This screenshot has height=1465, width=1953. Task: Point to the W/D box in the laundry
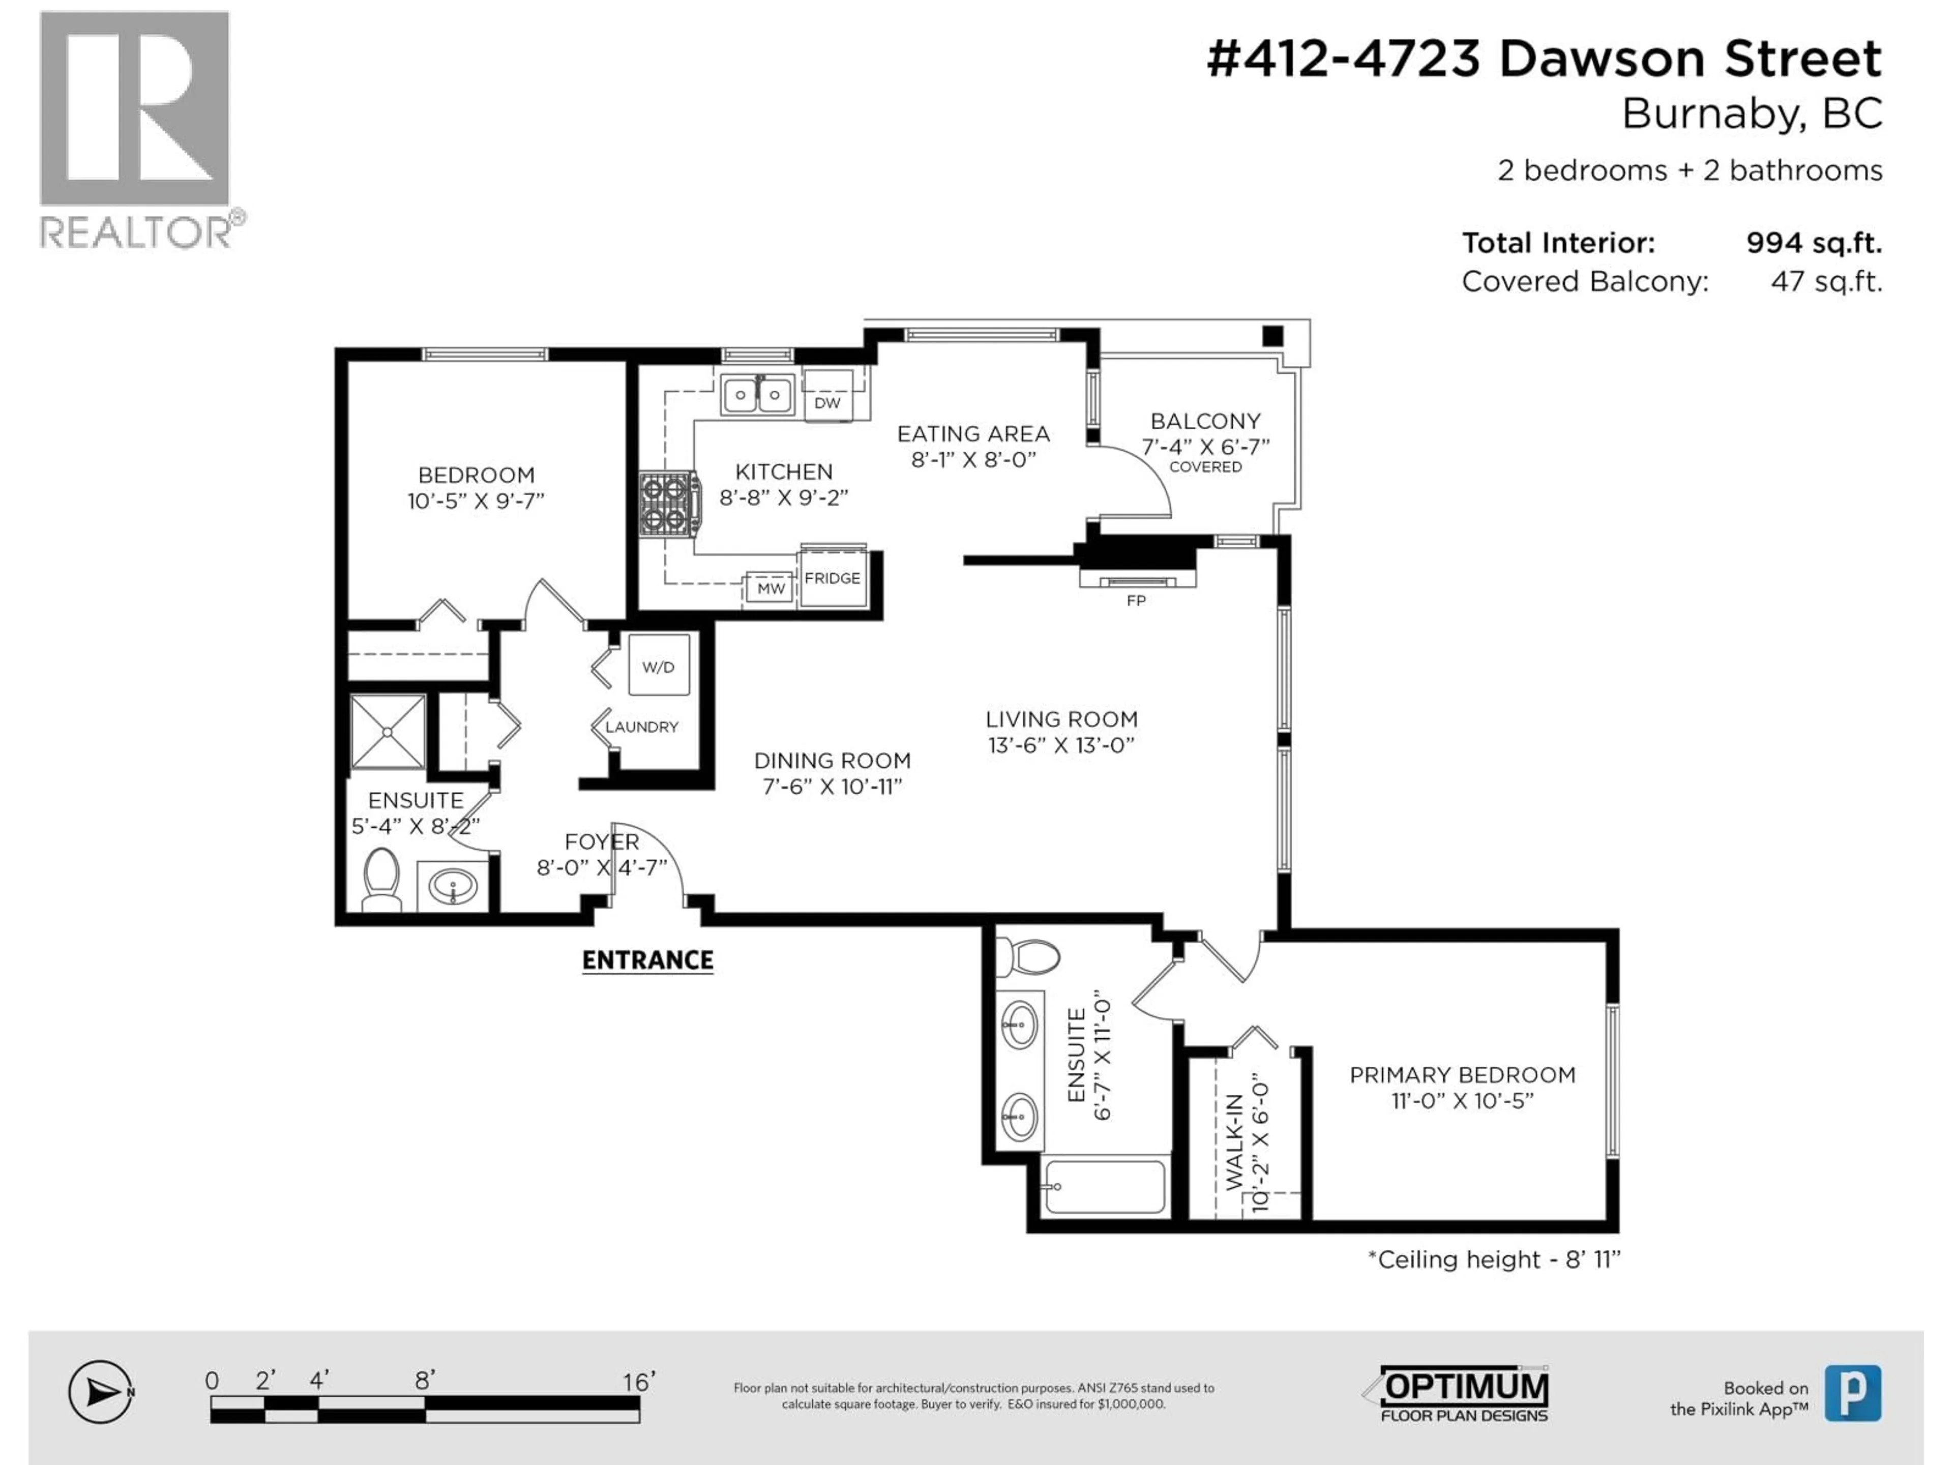[658, 667]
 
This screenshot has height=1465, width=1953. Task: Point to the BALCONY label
[1205, 421]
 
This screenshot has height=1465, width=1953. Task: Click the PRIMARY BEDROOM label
[1462, 1075]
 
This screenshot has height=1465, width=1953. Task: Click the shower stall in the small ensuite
[388, 731]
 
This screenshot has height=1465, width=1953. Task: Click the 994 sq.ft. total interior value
[1814, 243]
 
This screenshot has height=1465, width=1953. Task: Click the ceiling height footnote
[1494, 1259]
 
